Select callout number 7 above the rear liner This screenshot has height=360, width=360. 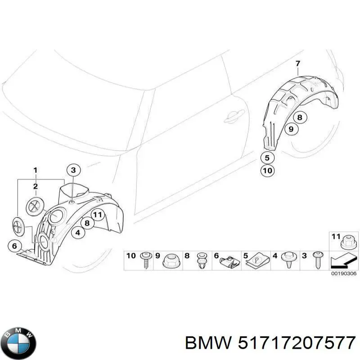pyautogui.click(x=297, y=64)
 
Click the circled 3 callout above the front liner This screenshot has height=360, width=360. pyautogui.click(x=74, y=170)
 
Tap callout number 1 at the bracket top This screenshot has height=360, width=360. pyautogui.click(x=35, y=170)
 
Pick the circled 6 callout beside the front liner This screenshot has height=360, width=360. pyautogui.click(x=14, y=246)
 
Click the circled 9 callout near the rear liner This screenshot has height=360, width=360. pyautogui.click(x=291, y=129)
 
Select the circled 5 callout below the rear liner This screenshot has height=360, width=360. pyautogui.click(x=267, y=158)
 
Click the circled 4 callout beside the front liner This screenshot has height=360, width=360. pyautogui.click(x=78, y=233)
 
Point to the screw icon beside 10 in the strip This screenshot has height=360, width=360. pyautogui.click(x=146, y=260)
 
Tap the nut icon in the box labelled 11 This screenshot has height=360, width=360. pyautogui.click(x=347, y=242)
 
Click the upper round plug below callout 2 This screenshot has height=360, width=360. pyautogui.click(x=35, y=205)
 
